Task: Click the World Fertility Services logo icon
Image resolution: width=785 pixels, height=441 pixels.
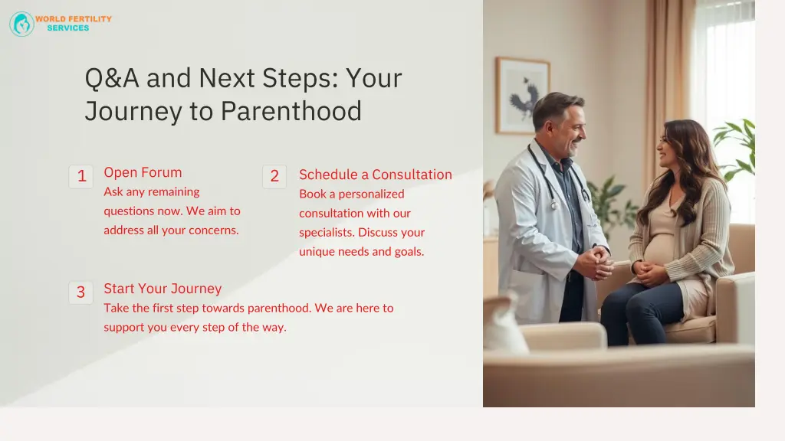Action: pyautogui.click(x=21, y=24)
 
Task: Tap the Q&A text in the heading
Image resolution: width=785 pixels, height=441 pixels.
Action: pyautogui.click(x=112, y=78)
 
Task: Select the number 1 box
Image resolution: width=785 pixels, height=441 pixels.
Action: pyautogui.click(x=80, y=177)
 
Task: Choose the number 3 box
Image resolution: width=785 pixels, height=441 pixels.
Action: pyautogui.click(x=80, y=292)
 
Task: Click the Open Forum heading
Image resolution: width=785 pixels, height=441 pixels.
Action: pyautogui.click(x=143, y=172)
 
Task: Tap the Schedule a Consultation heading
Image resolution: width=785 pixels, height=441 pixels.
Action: pyautogui.click(x=375, y=175)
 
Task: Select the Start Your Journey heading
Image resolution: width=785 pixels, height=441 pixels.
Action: pyautogui.click(x=163, y=289)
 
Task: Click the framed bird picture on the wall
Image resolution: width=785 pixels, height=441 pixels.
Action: pyautogui.click(x=523, y=96)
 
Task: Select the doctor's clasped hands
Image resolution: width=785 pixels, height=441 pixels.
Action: pyautogui.click(x=593, y=263)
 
